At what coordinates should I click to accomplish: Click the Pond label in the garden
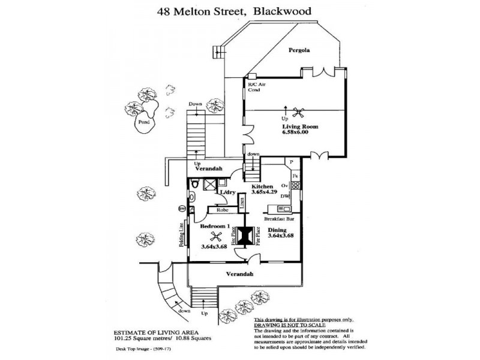(143, 122)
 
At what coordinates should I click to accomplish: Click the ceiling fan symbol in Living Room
(298, 112)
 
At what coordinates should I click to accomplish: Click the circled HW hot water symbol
(181, 209)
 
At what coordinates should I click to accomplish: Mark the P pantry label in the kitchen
(290, 162)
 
